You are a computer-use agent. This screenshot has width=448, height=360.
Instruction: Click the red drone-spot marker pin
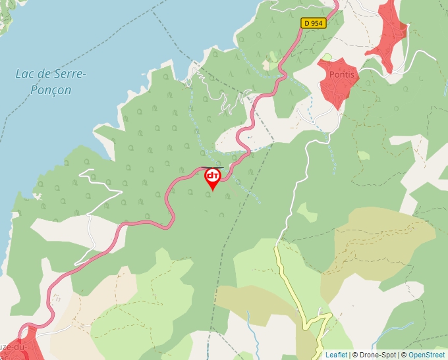(212, 178)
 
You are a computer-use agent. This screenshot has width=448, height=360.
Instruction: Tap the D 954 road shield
(314, 23)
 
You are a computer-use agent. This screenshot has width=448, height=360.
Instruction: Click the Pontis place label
(341, 74)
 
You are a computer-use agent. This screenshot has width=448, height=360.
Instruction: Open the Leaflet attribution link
(336, 355)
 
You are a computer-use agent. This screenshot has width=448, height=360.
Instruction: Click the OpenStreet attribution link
(426, 355)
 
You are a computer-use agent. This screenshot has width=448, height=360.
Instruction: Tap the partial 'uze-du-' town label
(13, 347)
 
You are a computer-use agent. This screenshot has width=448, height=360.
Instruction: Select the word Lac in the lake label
(25, 74)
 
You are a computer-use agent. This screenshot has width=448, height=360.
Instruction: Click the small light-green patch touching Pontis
(327, 58)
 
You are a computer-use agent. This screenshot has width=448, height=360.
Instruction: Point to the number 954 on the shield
(317, 23)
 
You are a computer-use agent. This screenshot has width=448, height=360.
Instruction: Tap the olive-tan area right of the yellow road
(382, 244)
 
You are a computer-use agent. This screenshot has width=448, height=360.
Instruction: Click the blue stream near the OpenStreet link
(402, 328)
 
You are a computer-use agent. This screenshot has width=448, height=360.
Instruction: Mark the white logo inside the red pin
(212, 175)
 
